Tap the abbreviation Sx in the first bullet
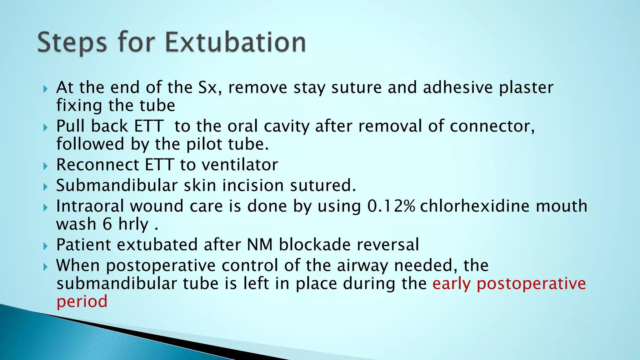(x=208, y=87)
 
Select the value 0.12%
(x=391, y=206)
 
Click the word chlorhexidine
(x=475, y=206)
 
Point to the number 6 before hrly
(x=107, y=224)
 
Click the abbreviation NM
(x=260, y=245)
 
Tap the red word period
(x=82, y=302)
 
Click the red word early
(x=452, y=284)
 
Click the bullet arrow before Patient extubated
(x=46, y=247)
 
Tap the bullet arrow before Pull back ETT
(x=46, y=128)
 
